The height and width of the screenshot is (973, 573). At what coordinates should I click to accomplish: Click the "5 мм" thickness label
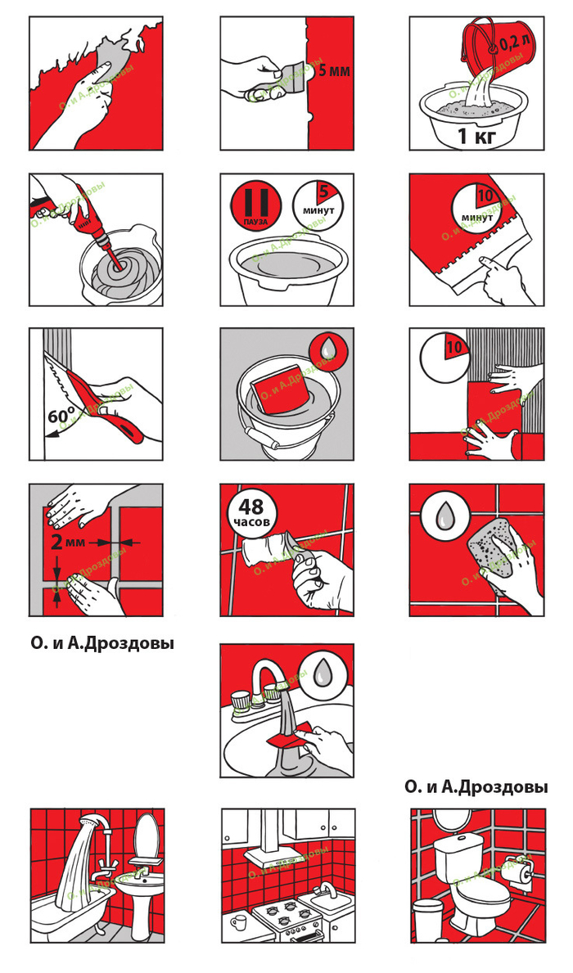coord(334,71)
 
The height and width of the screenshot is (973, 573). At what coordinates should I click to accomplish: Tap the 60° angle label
coord(61,417)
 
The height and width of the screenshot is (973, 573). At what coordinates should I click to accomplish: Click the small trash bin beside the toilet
coord(428,916)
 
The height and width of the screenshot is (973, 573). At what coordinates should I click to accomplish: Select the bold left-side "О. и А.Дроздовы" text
coord(102,643)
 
